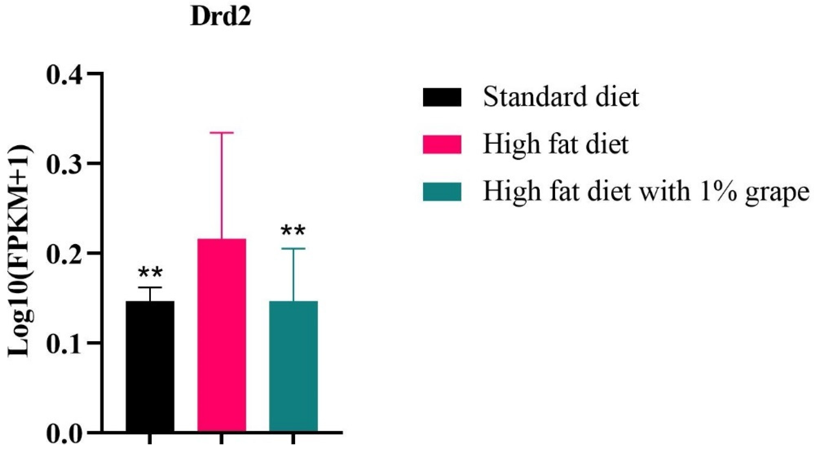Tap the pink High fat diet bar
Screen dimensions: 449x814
pos(222,335)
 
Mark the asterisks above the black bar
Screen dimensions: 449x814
pos(150,273)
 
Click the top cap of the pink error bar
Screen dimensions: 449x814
pos(222,133)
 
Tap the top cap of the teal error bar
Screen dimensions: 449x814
pos(293,249)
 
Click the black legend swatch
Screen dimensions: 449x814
pos(442,97)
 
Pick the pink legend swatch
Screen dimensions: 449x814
pos(442,144)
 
